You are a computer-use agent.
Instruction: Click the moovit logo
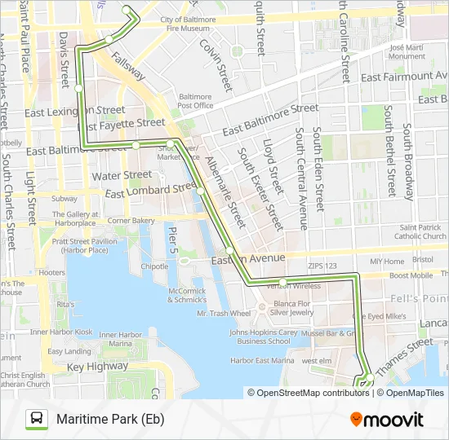click(x=387, y=420)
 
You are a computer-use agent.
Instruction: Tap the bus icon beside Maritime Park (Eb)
click(x=37, y=420)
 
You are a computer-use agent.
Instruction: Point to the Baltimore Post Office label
click(x=195, y=100)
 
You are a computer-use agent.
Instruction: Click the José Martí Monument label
click(x=407, y=52)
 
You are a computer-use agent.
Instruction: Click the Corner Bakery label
click(x=131, y=220)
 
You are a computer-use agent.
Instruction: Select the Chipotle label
click(x=153, y=266)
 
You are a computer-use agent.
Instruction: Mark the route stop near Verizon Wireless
click(x=282, y=282)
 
